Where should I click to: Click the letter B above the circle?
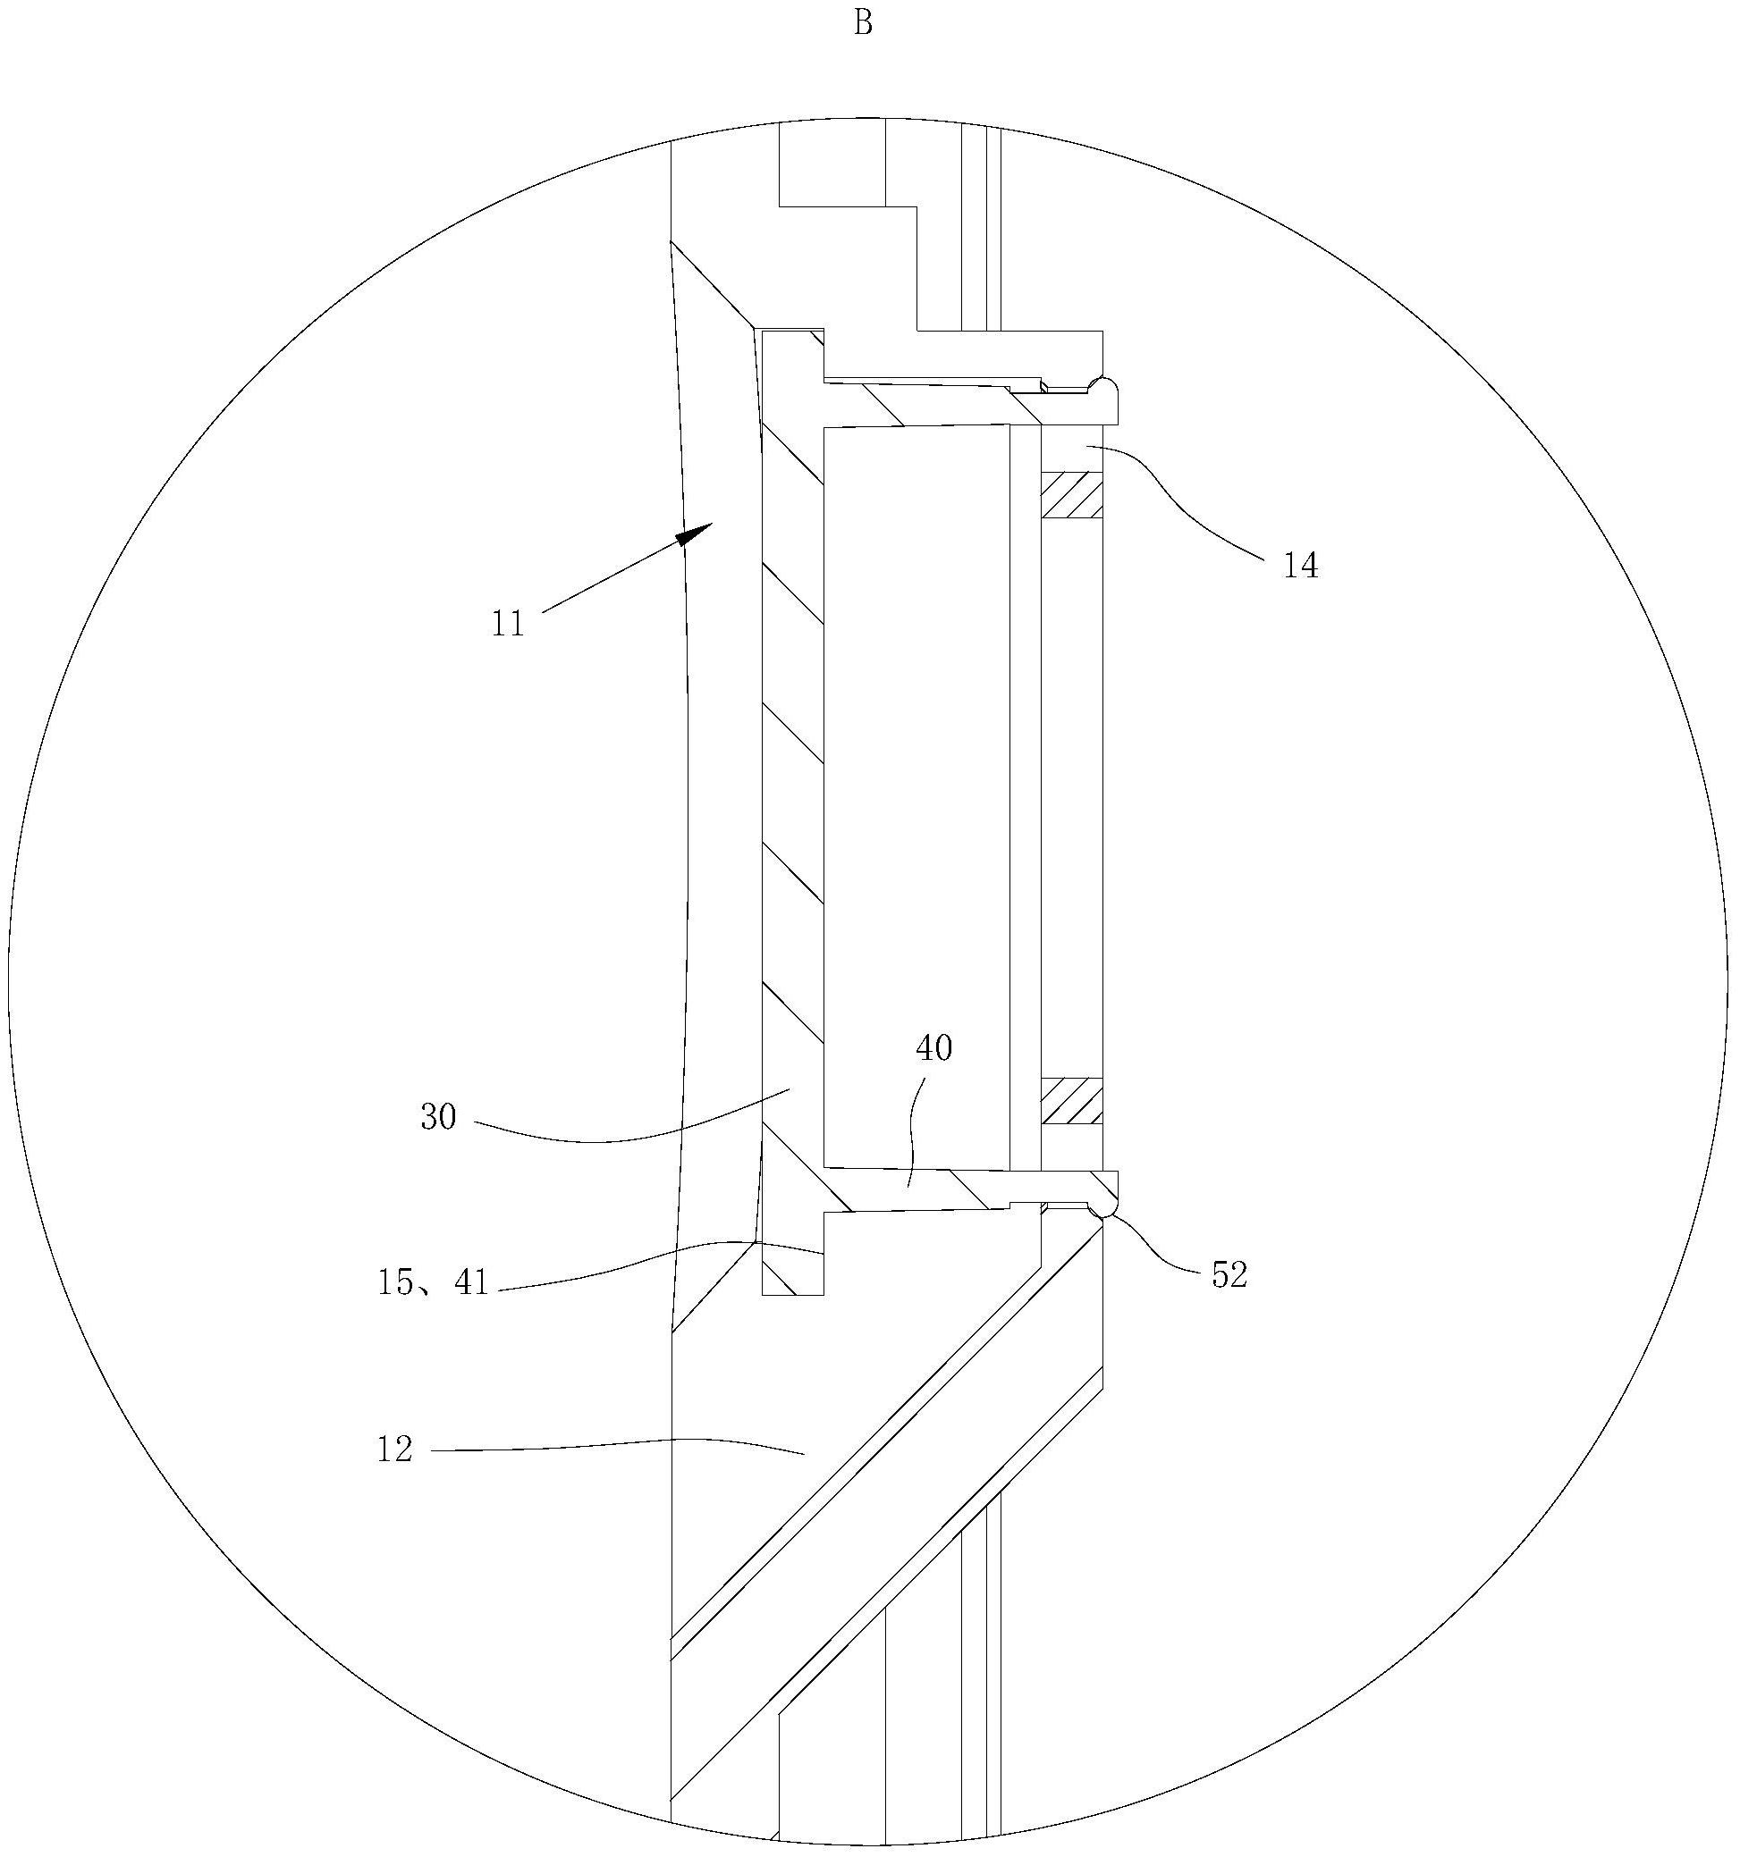pos(863,24)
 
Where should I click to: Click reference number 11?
pos(509,624)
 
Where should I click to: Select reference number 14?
pos(1300,565)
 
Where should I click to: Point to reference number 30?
pos(437,1117)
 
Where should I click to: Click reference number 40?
pos(933,1048)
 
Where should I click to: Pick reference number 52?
pos(1229,1275)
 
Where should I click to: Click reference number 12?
pos(394,1449)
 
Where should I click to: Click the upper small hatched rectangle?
pos(1072,495)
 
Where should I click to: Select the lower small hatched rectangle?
pos(1072,1101)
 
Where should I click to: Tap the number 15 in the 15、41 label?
pos(395,1282)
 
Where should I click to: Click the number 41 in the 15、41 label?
pos(471,1282)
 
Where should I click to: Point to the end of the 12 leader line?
pos(805,1453)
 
